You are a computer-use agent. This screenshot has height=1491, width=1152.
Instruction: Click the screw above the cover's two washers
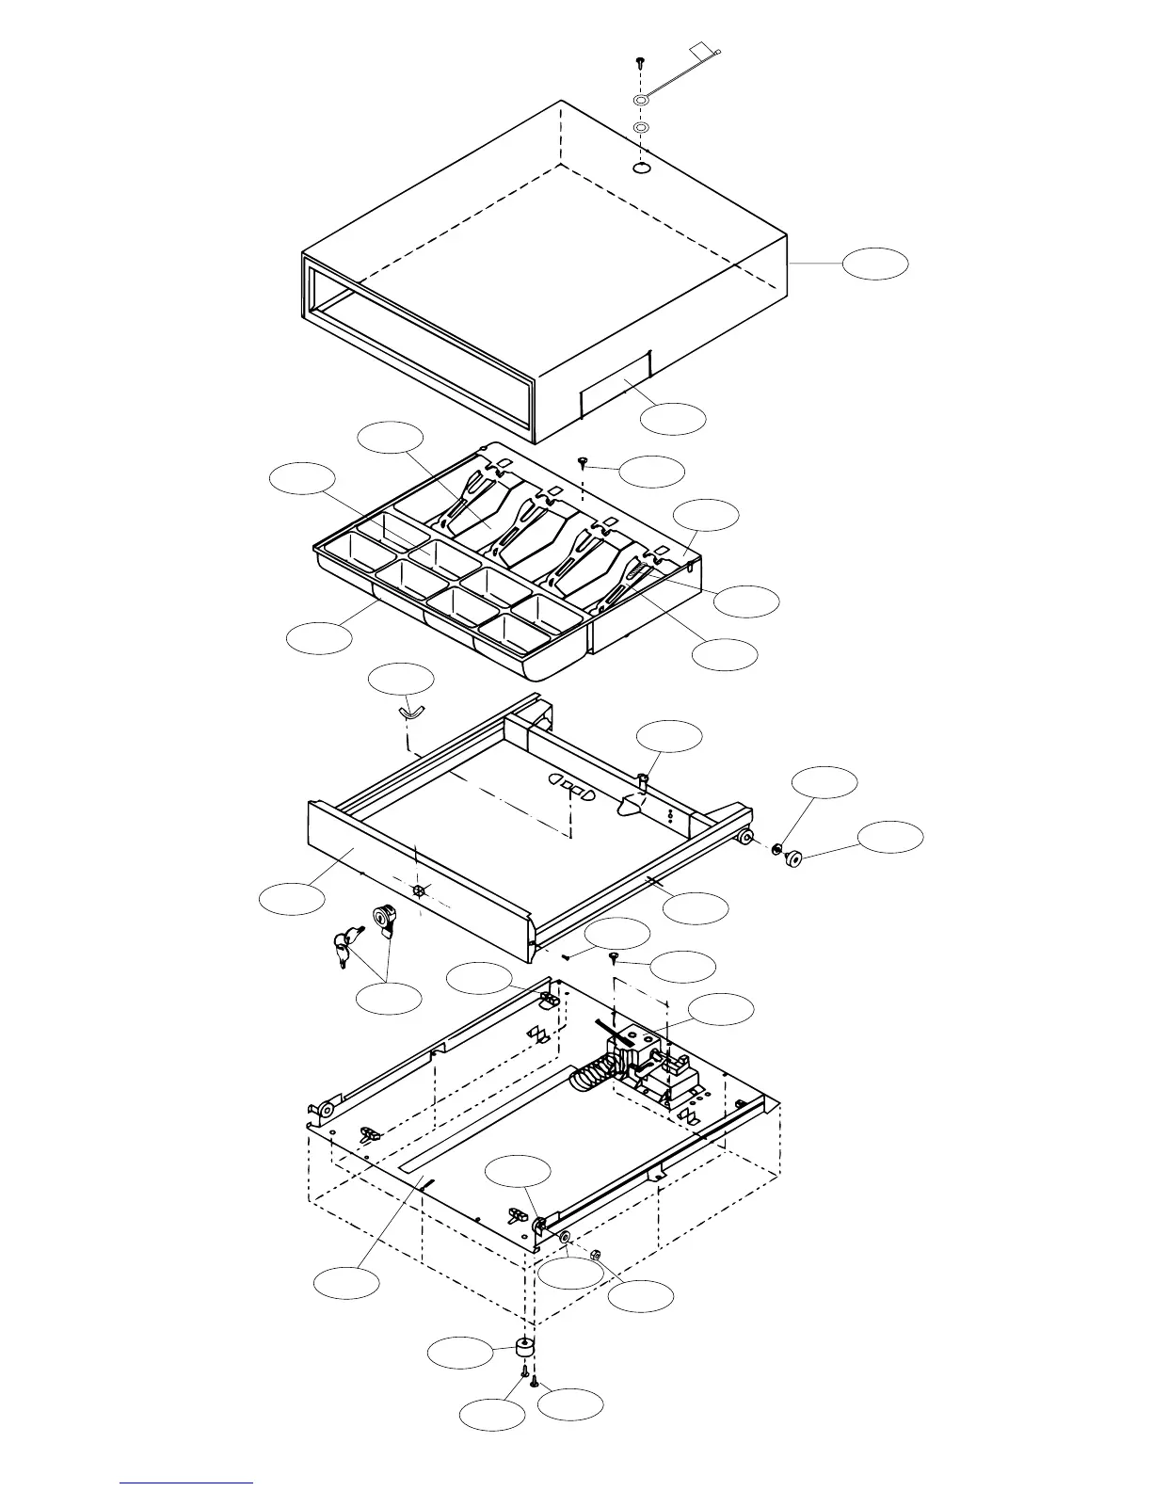point(640,62)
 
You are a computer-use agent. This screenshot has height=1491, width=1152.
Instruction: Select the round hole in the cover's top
point(641,168)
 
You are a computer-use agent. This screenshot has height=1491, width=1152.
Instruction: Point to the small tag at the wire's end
point(701,49)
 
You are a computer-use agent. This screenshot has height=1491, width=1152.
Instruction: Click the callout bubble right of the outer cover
point(875,265)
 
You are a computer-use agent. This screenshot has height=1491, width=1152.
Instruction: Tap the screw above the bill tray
point(584,460)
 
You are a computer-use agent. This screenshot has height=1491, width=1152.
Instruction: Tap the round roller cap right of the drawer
point(792,857)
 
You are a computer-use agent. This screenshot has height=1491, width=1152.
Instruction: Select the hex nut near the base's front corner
point(595,1255)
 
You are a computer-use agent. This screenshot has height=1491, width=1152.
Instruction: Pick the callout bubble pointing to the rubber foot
point(460,1354)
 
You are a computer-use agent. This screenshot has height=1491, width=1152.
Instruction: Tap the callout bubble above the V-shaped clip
point(401,679)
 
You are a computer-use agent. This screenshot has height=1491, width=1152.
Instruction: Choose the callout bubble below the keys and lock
point(389,998)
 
